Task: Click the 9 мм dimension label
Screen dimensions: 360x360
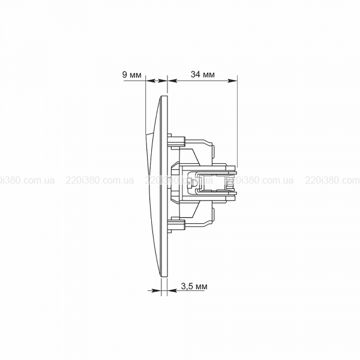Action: (x=132, y=75)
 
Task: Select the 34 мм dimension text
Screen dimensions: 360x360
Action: (x=203, y=74)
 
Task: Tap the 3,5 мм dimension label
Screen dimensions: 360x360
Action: (x=194, y=286)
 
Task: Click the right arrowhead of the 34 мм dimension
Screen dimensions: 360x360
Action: (x=232, y=80)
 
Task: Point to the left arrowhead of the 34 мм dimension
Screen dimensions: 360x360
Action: (x=173, y=80)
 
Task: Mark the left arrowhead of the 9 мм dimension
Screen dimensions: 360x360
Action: (x=151, y=80)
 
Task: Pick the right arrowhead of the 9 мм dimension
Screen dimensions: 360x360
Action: (x=163, y=80)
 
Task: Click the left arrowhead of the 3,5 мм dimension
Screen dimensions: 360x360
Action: (x=157, y=290)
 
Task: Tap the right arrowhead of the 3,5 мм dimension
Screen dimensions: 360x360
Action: (x=172, y=290)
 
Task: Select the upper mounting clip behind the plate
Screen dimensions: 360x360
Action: (x=176, y=141)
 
